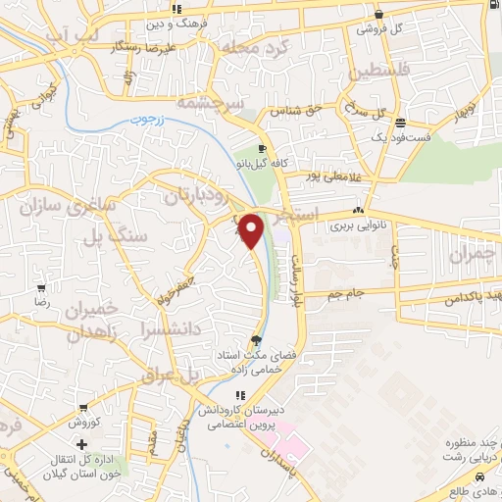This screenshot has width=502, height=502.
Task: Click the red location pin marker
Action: [x=251, y=230]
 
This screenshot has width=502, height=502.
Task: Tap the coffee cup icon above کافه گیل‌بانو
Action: [x=262, y=149]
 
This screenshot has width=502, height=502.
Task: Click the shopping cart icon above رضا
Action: [x=41, y=288]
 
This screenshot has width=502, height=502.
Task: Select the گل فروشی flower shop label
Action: [x=383, y=29]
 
